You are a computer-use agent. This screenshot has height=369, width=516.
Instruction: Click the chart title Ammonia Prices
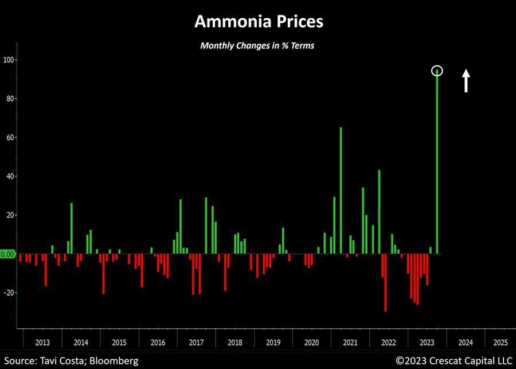click(x=258, y=22)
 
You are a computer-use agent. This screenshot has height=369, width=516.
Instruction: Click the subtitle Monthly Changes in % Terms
click(x=257, y=46)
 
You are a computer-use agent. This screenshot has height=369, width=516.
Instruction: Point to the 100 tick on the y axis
click(x=10, y=60)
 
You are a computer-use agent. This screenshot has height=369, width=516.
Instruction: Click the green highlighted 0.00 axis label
click(x=8, y=254)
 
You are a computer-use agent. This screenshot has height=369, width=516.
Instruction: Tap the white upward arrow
click(x=466, y=81)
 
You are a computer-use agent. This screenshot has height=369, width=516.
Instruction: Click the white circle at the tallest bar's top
click(x=437, y=71)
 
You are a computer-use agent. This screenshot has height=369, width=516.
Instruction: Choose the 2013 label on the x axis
click(x=42, y=343)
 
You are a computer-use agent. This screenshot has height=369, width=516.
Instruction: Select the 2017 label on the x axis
click(x=196, y=343)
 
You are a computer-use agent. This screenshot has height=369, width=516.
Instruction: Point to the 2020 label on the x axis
click(x=311, y=343)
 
